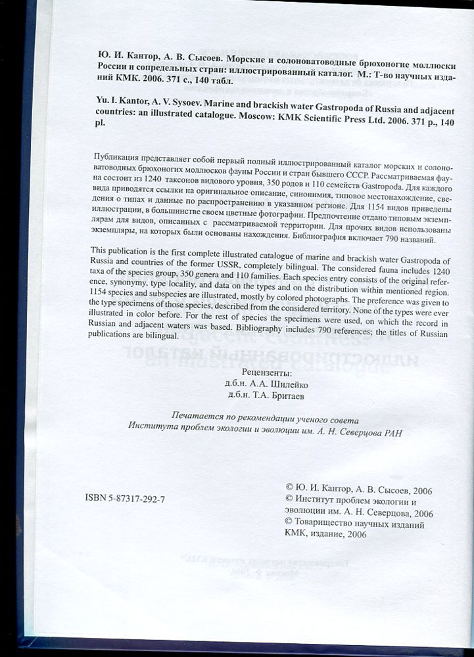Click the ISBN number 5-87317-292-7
(126, 499)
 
